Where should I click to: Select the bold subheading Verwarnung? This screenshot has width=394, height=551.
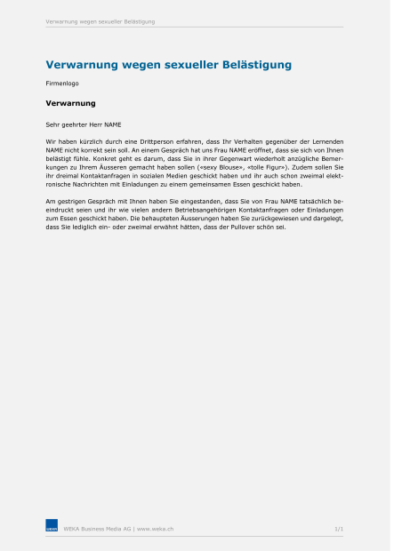tap(70, 103)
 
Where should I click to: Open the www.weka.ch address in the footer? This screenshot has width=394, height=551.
tap(155, 528)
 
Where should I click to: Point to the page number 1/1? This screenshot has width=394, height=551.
tap(338, 528)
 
